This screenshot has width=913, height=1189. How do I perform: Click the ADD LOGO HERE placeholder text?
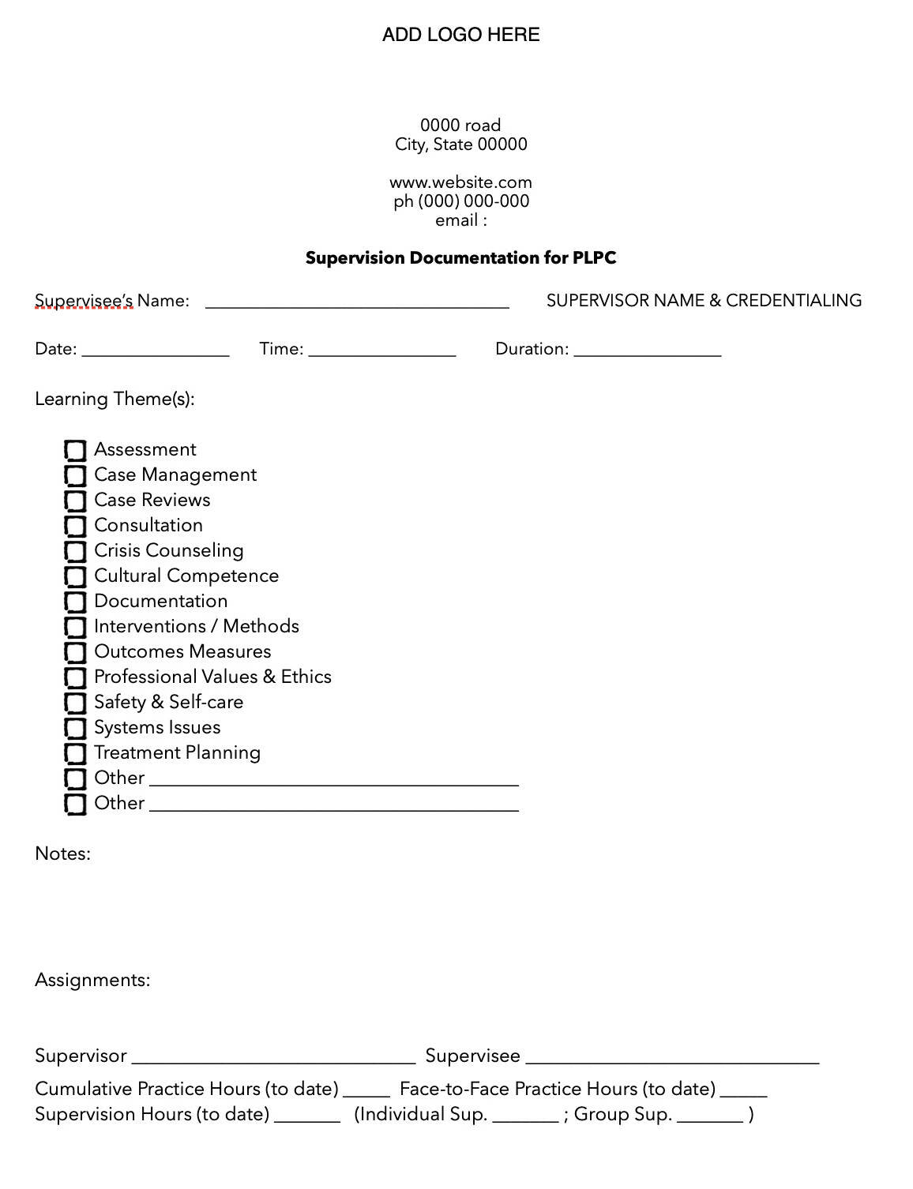click(460, 35)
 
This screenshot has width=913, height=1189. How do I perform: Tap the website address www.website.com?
click(460, 182)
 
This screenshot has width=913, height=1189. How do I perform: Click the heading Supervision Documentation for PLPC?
click(460, 258)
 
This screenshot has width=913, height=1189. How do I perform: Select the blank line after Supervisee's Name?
click(357, 303)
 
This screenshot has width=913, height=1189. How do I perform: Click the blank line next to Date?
click(156, 352)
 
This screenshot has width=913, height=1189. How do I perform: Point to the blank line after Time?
click(382, 352)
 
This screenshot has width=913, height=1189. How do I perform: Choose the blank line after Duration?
click(648, 352)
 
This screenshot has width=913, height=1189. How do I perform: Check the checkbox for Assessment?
click(75, 451)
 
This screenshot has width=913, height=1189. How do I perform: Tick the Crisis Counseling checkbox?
click(75, 552)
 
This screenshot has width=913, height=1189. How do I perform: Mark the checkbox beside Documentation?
click(75, 602)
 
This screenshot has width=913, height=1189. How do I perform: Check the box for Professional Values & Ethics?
click(75, 678)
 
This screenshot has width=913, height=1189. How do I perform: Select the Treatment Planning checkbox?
click(75, 754)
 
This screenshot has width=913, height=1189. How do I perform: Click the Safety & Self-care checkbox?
click(75, 703)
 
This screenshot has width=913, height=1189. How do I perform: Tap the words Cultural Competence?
click(186, 576)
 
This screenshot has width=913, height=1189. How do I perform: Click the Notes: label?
click(62, 854)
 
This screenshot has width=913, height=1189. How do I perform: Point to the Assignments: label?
click(92, 981)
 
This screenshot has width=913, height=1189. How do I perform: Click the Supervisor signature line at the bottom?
click(273, 1059)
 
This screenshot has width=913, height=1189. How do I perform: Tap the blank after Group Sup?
click(710, 1117)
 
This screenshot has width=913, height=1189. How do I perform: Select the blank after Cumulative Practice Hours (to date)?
click(366, 1092)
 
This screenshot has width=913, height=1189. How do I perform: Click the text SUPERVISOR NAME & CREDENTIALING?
click(704, 301)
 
